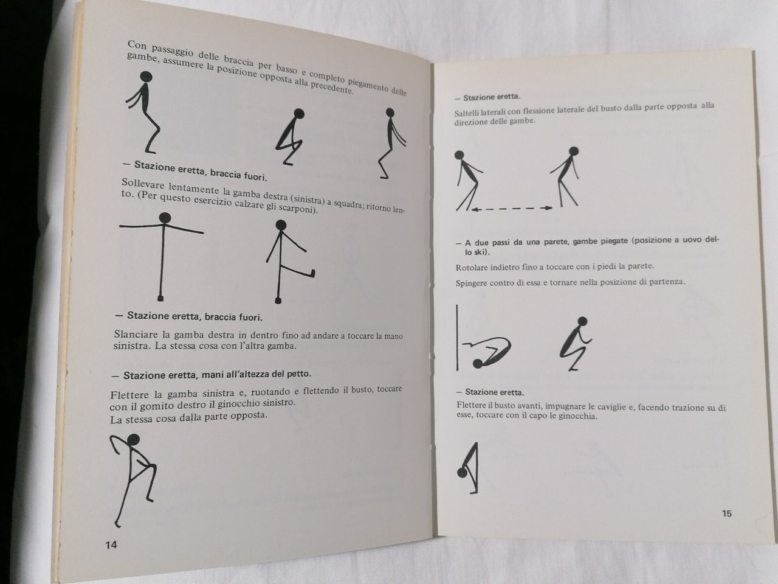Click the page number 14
(111, 545)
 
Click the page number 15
(726, 513)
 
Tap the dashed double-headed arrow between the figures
(512, 209)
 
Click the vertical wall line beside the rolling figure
(457, 338)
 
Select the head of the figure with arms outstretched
(165, 218)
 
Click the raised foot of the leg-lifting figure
(312, 273)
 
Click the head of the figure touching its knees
(462, 473)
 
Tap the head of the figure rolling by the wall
(477, 363)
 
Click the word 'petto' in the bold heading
(298, 374)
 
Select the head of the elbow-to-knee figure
(133, 440)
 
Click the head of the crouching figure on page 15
(582, 321)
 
